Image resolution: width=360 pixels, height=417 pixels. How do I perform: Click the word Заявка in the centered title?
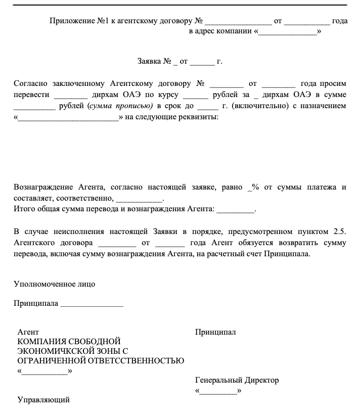click(x=150, y=62)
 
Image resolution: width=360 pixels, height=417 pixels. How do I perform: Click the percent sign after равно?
click(x=256, y=187)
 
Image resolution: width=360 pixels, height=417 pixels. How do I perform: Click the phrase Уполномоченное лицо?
click(x=54, y=284)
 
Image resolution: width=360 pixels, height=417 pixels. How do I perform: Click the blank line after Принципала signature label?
click(x=92, y=304)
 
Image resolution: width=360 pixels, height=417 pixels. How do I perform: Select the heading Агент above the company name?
click(x=28, y=332)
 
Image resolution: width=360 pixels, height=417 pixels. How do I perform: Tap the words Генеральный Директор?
click(x=237, y=380)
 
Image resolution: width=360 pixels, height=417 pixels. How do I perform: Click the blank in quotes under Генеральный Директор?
click(x=218, y=392)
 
